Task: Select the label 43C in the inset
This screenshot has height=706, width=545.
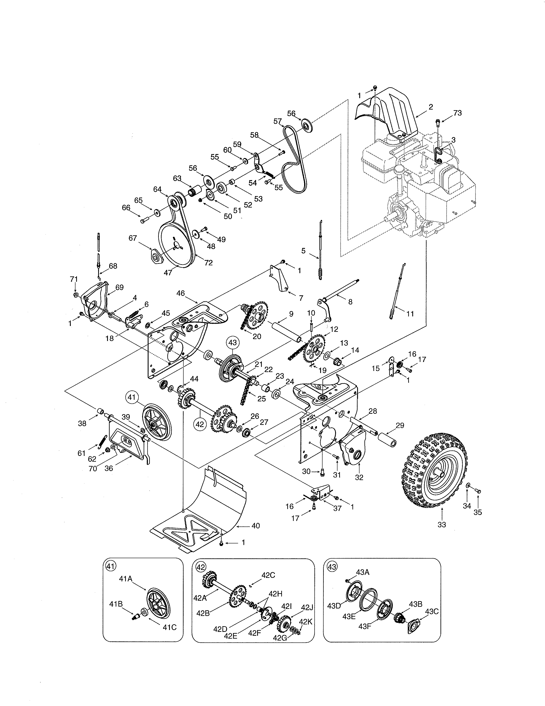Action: click(432, 611)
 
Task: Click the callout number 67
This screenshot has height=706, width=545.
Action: click(133, 238)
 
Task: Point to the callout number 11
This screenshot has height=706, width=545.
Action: click(410, 314)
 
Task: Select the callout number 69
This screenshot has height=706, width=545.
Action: click(119, 287)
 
